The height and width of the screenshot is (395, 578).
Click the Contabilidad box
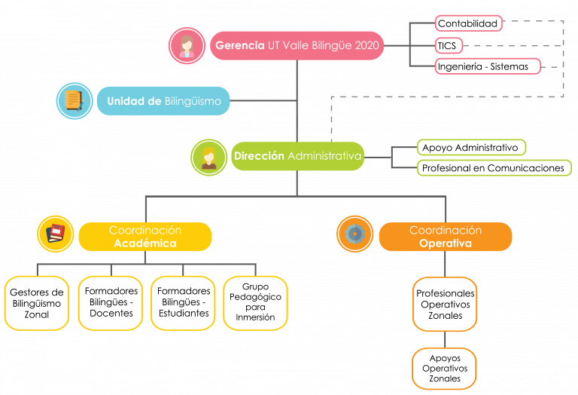pyautogui.click(x=469, y=23)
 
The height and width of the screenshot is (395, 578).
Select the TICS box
pyautogui.click(x=449, y=46)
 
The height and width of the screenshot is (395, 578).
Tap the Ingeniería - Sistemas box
pyautogui.click(x=488, y=66)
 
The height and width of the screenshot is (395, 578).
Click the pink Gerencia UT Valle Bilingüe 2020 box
pyautogui.click(x=297, y=45)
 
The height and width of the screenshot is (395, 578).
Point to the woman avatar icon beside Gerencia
pyautogui.click(x=187, y=45)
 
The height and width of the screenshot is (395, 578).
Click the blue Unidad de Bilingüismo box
pyautogui.click(x=163, y=101)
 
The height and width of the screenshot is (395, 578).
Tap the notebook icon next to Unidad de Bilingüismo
pyautogui.click(x=75, y=101)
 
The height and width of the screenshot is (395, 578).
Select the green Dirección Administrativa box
pyautogui.click(x=298, y=156)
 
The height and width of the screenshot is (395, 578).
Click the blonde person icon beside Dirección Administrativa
pyautogui.click(x=209, y=158)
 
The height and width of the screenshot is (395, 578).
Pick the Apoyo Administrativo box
pyautogui.click(x=471, y=147)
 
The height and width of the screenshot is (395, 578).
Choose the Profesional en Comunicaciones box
pyautogui.click(x=494, y=167)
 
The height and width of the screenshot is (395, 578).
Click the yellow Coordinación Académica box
pyautogui.click(x=145, y=237)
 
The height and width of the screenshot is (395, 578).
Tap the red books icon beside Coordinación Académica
pyautogui.click(x=56, y=234)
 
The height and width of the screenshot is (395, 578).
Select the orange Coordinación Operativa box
pyautogui.click(x=446, y=237)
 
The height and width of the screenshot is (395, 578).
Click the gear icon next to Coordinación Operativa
pyautogui.click(x=355, y=234)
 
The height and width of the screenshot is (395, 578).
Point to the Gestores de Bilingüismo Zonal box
pyautogui.click(x=37, y=303)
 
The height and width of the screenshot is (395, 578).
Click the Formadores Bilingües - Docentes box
pyautogui.click(x=111, y=303)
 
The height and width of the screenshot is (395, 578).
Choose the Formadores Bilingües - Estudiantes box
pyautogui.click(x=183, y=303)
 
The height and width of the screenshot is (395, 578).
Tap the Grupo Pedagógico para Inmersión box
pyautogui.click(x=255, y=303)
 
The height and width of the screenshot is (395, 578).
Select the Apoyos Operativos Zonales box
pyautogui.click(x=444, y=369)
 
